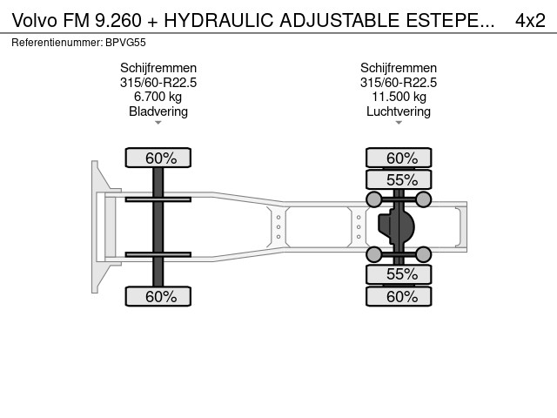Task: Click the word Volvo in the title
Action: point(35,20)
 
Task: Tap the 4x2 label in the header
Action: point(530,20)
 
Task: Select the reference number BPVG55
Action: point(125,43)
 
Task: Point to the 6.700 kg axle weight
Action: point(158,97)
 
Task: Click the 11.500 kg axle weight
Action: point(399,97)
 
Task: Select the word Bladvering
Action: point(158,111)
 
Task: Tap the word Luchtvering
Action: point(399,111)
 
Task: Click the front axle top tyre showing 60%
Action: point(158,158)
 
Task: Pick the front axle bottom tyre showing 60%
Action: point(158,296)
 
